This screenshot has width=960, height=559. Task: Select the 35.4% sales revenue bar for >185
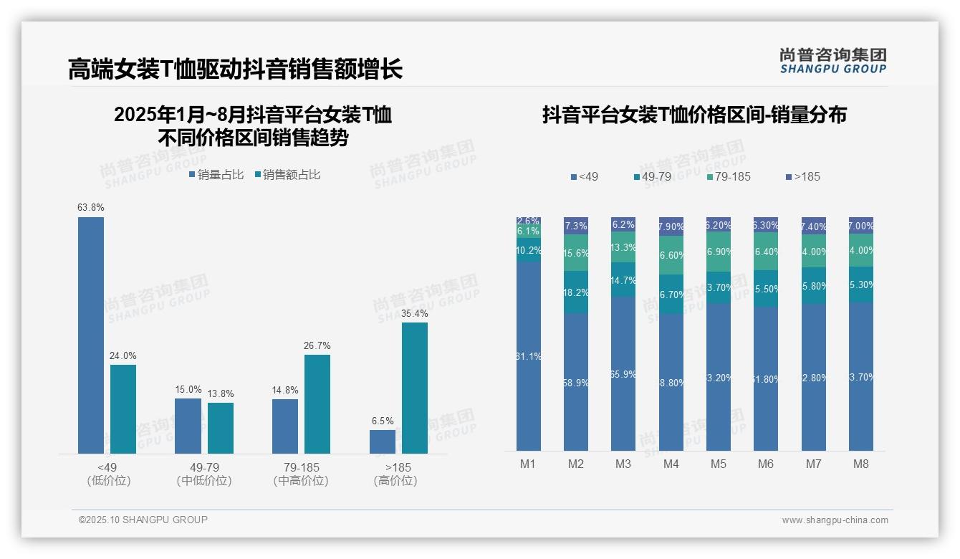pos(414,388)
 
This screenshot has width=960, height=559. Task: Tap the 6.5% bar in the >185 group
pos(383,441)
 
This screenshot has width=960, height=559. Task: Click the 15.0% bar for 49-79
pos(188,426)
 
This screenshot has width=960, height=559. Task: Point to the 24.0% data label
pos(123,356)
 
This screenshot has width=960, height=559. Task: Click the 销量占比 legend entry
pos(216,175)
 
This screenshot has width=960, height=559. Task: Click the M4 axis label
pos(671,464)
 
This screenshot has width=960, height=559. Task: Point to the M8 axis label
pos(861,464)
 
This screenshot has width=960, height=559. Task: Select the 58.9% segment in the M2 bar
pos(576,382)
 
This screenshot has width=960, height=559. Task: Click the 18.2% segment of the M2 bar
pos(576,292)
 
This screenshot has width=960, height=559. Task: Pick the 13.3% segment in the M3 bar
pos(623,247)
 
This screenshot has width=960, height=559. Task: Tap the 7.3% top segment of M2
pos(576,226)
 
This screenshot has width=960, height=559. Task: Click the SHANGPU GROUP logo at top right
pos(832,60)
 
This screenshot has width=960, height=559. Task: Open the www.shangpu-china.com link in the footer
pos(835,520)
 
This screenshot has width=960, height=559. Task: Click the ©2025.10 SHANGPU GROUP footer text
pos(143,520)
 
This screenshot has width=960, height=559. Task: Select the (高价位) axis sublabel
pos(395,481)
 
